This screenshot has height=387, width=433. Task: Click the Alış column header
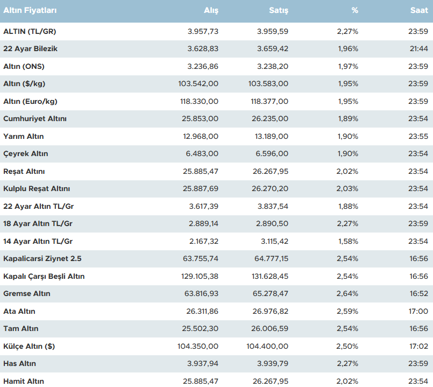(211, 10)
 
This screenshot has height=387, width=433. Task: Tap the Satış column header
(279, 10)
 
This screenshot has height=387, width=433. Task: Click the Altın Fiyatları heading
(30, 10)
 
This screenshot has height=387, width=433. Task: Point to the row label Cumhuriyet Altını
(35, 119)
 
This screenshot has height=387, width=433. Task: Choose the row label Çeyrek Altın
(26, 154)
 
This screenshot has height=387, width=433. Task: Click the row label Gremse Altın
(27, 294)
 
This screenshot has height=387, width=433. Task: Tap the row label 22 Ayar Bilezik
(30, 49)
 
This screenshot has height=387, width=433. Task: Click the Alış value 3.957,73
(203, 31)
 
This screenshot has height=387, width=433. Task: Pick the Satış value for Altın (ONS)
(273, 66)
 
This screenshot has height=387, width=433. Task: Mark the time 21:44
(418, 49)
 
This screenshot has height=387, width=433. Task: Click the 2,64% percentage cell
(347, 294)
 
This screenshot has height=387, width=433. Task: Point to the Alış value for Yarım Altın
(201, 136)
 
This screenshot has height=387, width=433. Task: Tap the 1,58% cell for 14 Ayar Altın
(347, 241)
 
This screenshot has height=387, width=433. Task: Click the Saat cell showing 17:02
(418, 346)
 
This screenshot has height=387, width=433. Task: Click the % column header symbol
(354, 10)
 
